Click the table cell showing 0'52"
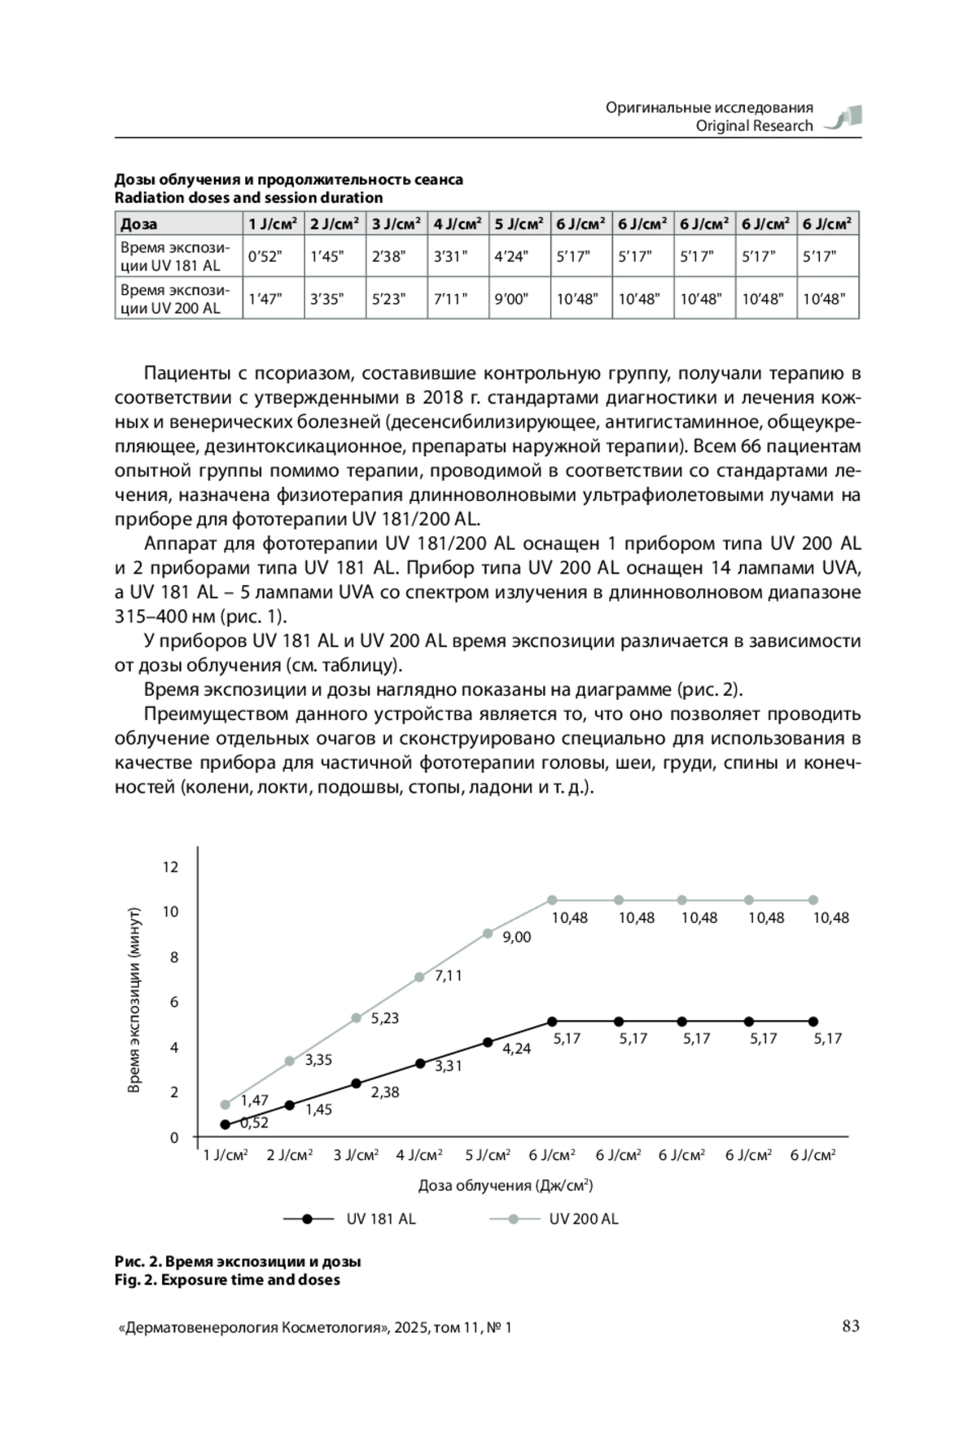265,257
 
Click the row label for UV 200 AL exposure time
176,299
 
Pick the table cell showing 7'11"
450,299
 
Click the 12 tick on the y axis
170,867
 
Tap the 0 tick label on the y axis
173,1137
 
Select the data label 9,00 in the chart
516,938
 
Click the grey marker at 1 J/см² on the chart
226,1105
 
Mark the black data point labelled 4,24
488,1042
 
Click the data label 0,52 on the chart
254,1123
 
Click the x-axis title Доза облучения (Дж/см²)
505,1185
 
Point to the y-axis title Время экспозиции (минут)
135,1000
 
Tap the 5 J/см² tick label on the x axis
488,1155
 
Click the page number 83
850,1326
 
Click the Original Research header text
754,125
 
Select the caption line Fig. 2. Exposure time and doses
227,1280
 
